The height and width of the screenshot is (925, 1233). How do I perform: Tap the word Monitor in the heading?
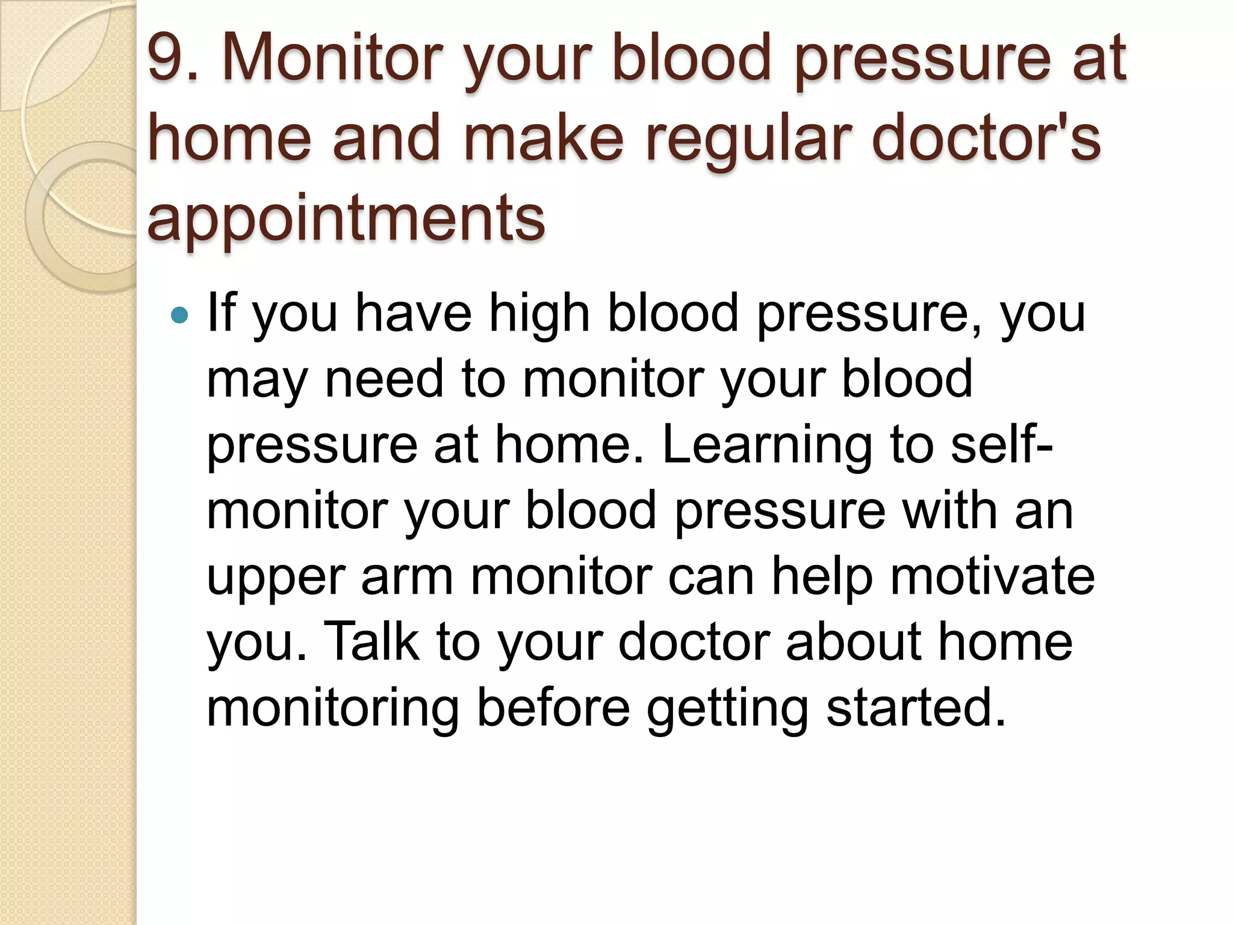coord(331,58)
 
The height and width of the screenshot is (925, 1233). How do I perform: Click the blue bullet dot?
coord(179,314)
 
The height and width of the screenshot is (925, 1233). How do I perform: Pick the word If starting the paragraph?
coord(220,313)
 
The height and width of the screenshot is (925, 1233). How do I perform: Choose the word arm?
coord(407,577)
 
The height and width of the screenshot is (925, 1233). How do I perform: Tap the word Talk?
coord(371,641)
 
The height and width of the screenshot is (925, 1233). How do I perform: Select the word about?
coord(853,641)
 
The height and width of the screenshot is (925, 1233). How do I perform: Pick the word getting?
coord(727,709)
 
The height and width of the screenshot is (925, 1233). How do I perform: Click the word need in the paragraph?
coord(384,379)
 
